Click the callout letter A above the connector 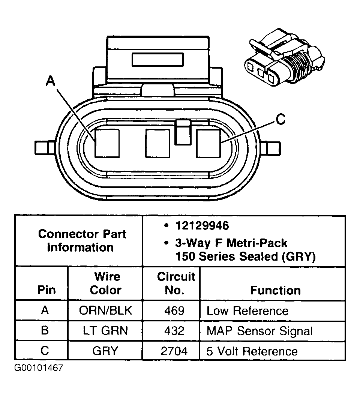(x=50, y=81)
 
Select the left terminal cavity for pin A (x=107, y=143)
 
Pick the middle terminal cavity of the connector (x=157, y=143)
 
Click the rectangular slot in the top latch (x=157, y=60)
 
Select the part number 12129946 (x=201, y=226)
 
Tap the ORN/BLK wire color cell (x=105, y=310)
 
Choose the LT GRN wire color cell (x=105, y=331)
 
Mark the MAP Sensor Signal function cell (x=259, y=331)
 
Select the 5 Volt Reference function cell (x=252, y=351)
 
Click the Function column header (x=275, y=290)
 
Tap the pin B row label (x=45, y=331)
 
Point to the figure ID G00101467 (x=39, y=367)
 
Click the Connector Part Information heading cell (x=82, y=240)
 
